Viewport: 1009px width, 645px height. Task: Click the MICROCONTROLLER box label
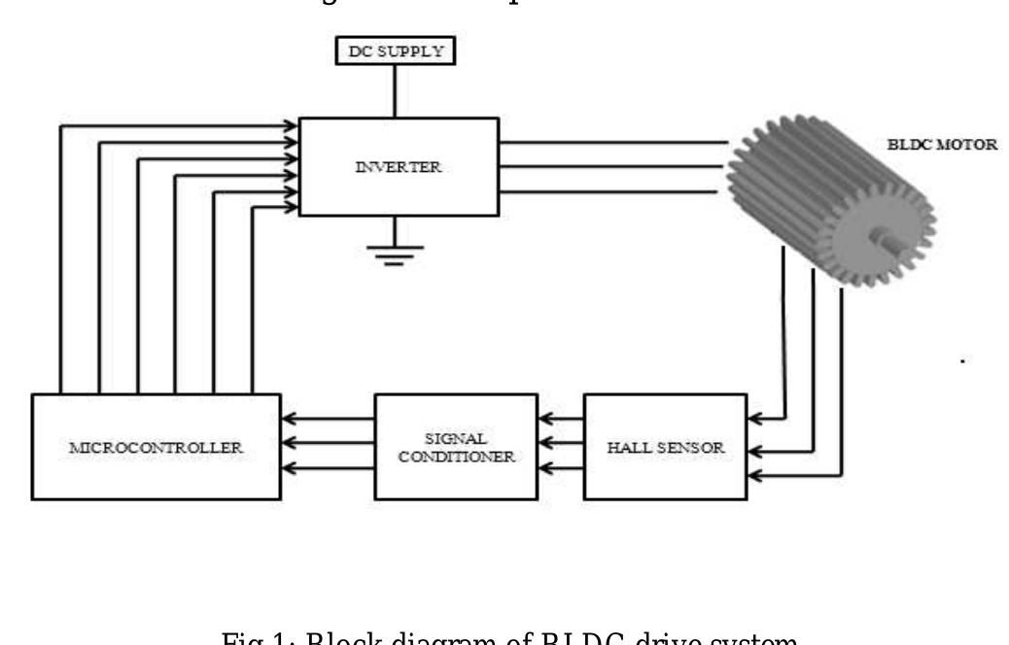pos(157,450)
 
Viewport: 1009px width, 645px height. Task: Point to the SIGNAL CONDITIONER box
pos(455,447)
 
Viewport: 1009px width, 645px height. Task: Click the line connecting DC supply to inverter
pos(393,91)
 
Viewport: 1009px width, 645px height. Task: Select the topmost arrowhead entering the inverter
pos(291,124)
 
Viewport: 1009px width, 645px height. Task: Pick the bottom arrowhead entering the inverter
pos(291,207)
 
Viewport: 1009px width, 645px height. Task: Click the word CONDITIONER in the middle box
pos(455,458)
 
